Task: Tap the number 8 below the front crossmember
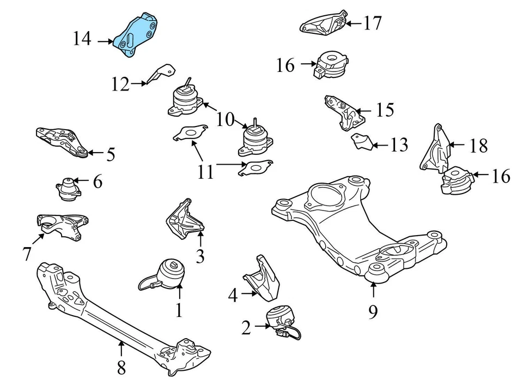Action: pos(121,368)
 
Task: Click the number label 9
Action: pos(373,311)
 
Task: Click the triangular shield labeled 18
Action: pos(435,150)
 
